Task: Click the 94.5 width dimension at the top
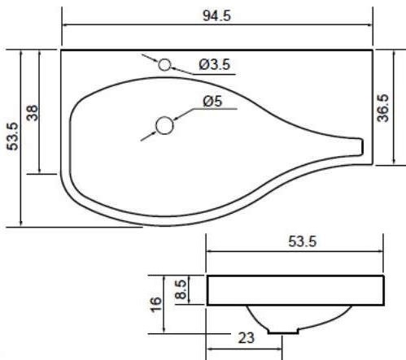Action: tap(216, 15)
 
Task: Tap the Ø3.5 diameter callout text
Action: tap(215, 64)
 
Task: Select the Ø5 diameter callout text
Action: tap(212, 101)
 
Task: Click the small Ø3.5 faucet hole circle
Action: tap(164, 65)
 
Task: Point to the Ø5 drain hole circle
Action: tap(164, 125)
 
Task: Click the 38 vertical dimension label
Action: tap(33, 113)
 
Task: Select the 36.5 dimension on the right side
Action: tap(383, 108)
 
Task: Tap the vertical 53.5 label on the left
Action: tap(12, 137)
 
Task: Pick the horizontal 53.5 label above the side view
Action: tap(302, 241)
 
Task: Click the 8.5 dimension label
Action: tap(181, 289)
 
